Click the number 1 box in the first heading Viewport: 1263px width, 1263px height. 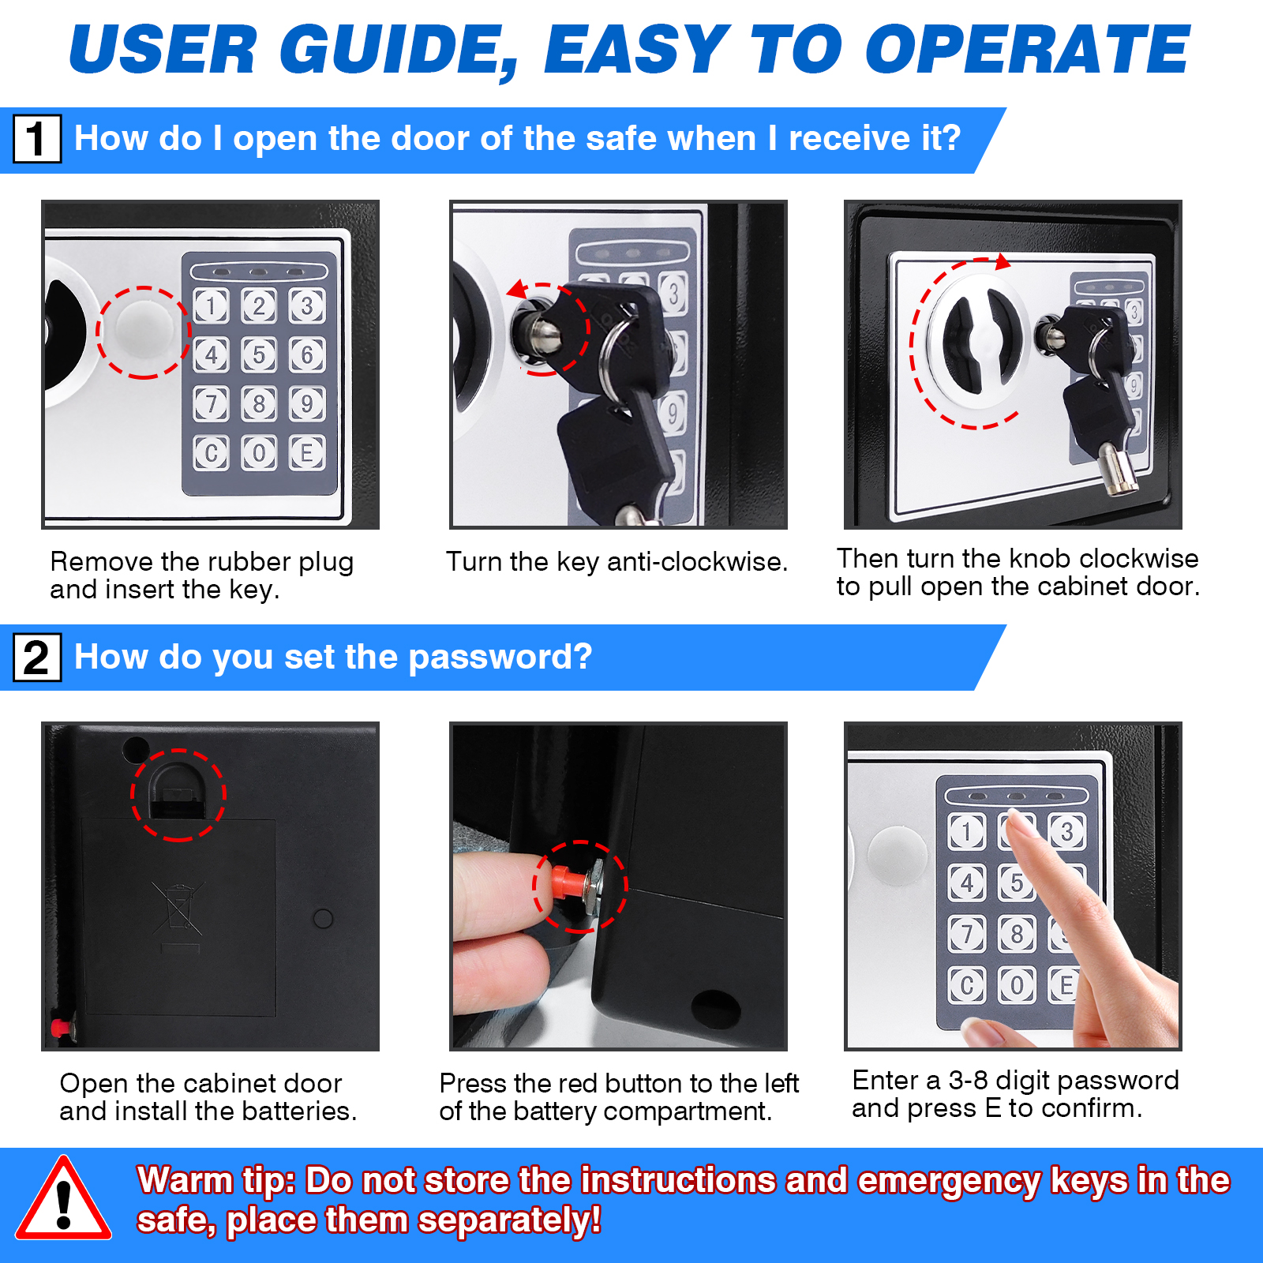[x=36, y=139]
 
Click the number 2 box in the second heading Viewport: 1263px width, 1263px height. [x=36, y=658]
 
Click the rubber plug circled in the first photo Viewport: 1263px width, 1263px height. [x=144, y=332]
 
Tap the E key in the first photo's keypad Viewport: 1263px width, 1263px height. [x=307, y=453]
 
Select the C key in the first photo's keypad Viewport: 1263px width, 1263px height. [x=211, y=453]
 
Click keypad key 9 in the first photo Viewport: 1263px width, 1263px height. [x=307, y=404]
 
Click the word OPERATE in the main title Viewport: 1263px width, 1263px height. [x=1026, y=50]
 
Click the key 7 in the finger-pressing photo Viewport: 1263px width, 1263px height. [x=966, y=934]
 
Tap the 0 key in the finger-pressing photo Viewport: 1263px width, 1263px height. [x=1017, y=984]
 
